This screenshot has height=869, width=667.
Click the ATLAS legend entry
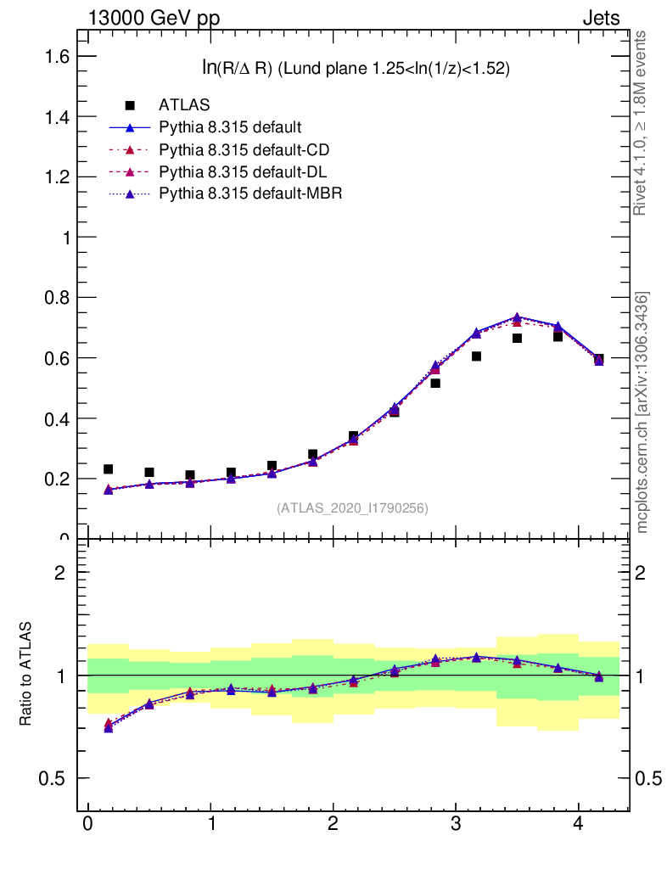184,105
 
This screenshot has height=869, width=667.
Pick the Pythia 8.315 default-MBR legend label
250,194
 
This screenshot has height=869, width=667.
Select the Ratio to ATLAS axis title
26,674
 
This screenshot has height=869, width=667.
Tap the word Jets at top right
600,18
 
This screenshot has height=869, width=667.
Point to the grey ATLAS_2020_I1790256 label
352,508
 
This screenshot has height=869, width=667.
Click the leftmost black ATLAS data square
108,469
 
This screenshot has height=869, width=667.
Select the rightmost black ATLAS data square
599,359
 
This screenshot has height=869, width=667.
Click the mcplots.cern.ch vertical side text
643,412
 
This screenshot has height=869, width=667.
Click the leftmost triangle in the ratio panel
108,727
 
